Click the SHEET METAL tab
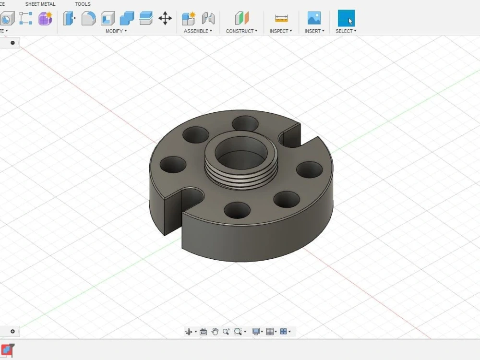click(40, 4)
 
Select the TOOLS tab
click(83, 4)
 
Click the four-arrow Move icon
click(165, 18)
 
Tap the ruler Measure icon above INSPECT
click(281, 18)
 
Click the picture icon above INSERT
click(314, 18)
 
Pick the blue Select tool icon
click(346, 18)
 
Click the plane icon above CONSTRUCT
click(242, 18)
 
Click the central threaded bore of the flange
click(241, 154)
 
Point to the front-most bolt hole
click(237, 210)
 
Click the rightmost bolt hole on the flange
click(309, 169)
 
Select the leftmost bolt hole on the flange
click(173, 165)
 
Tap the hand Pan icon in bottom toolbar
click(215, 331)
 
